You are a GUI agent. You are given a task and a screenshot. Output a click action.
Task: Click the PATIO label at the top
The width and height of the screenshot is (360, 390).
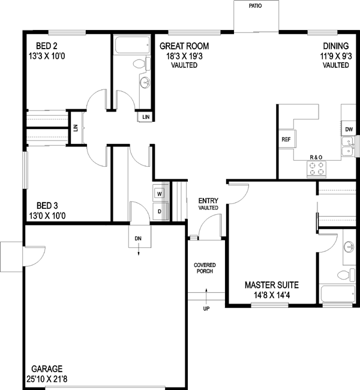(256, 6)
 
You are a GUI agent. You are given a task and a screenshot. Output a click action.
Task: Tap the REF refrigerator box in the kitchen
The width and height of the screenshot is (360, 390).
(286, 139)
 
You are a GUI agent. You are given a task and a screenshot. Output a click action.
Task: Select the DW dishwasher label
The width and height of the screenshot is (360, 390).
(349, 129)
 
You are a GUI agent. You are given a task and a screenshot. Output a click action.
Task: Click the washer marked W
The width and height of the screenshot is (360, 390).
(160, 194)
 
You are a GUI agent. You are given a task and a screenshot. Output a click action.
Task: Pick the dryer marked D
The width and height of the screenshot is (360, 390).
(160, 211)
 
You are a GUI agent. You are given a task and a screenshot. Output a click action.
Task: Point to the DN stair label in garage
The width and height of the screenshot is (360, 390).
(138, 239)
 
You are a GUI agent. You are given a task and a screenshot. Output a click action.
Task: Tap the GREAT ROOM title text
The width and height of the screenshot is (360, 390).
(184, 46)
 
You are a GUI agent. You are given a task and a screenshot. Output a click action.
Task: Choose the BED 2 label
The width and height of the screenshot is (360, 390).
(47, 46)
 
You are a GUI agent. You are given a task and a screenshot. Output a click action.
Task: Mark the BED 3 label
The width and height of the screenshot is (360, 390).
(47, 204)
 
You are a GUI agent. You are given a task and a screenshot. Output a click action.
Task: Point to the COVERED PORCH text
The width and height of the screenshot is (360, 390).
(205, 268)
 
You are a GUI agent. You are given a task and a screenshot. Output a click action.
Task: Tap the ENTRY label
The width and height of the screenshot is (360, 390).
(209, 200)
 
